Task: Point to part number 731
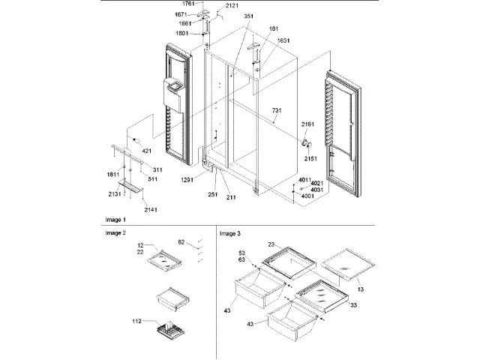pos(277,110)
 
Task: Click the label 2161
pos(308,124)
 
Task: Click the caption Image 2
pos(115,233)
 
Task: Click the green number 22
pos(139,252)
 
